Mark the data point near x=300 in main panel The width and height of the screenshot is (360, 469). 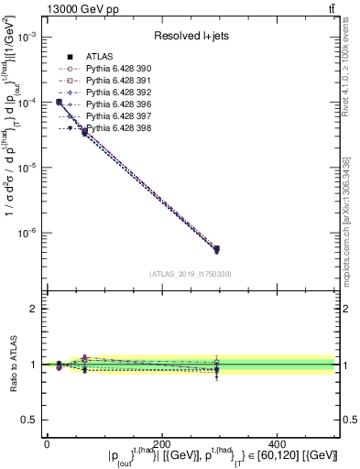click(216, 248)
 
